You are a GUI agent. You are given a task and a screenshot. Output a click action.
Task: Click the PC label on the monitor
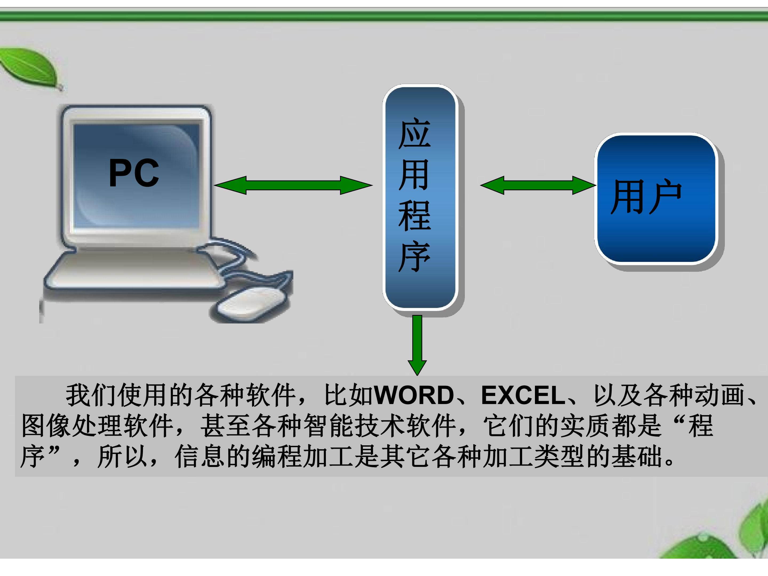point(134,173)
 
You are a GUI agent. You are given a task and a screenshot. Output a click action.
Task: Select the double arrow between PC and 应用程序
point(293,185)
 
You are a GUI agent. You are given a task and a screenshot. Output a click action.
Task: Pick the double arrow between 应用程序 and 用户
point(538,185)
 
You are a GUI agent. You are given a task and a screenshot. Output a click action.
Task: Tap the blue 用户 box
point(656,199)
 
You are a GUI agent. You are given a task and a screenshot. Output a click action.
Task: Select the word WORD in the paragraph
point(415,395)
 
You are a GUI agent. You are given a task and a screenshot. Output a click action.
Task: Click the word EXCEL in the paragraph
point(523,395)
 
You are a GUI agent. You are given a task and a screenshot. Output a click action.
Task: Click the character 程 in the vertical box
point(415,216)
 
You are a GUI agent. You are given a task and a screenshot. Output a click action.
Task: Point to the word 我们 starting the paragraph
point(91,395)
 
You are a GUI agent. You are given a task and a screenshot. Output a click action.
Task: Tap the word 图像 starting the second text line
point(46,426)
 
